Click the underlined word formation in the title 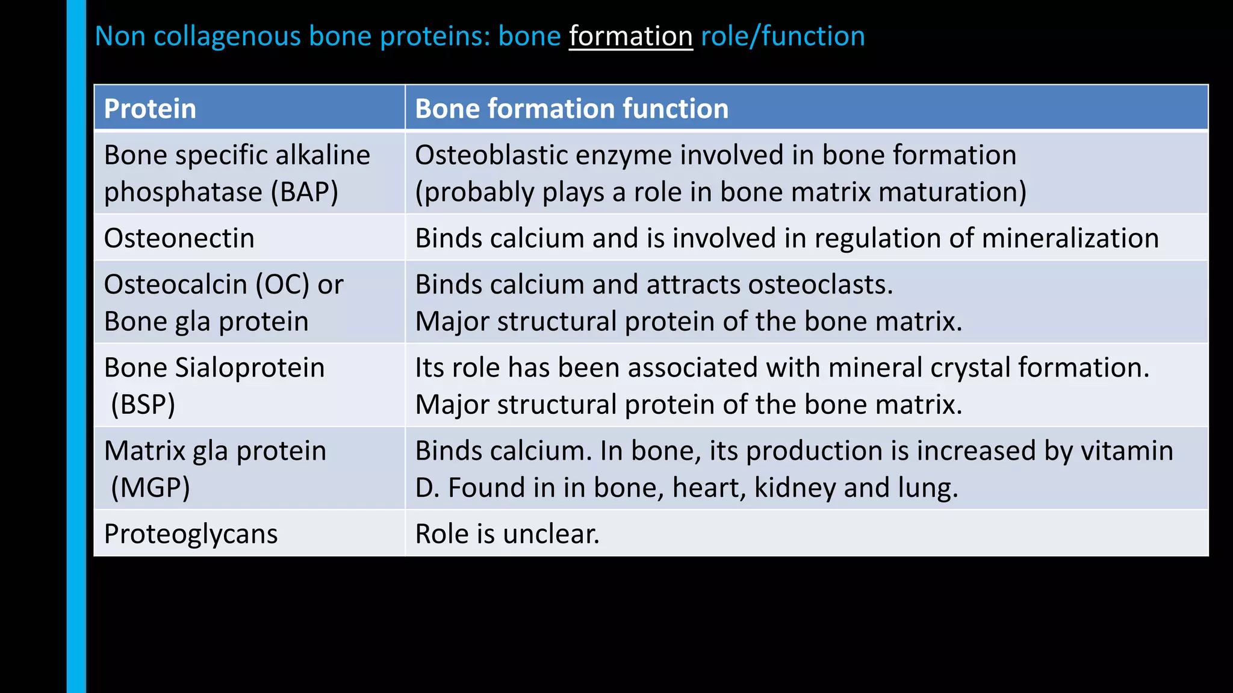point(630,36)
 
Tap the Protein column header point(150,109)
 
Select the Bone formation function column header point(571,109)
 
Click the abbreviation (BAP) point(304,192)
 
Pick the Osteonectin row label point(179,238)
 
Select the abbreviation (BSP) point(143,404)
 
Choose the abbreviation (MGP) point(151,487)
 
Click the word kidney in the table point(795,488)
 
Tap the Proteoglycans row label point(190,534)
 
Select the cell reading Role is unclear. point(507,534)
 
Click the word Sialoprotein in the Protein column point(249,368)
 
